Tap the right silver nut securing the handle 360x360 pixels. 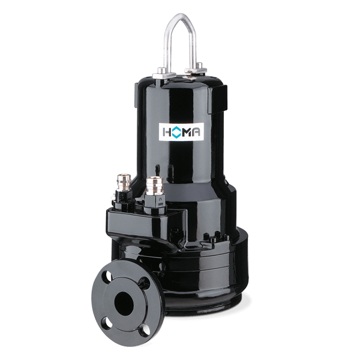click(195, 68)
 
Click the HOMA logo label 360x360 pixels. click(181, 132)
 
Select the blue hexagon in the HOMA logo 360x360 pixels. click(175, 133)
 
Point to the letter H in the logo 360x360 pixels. click(166, 133)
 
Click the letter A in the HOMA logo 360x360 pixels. click(196, 133)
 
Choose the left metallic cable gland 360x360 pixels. click(124, 184)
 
